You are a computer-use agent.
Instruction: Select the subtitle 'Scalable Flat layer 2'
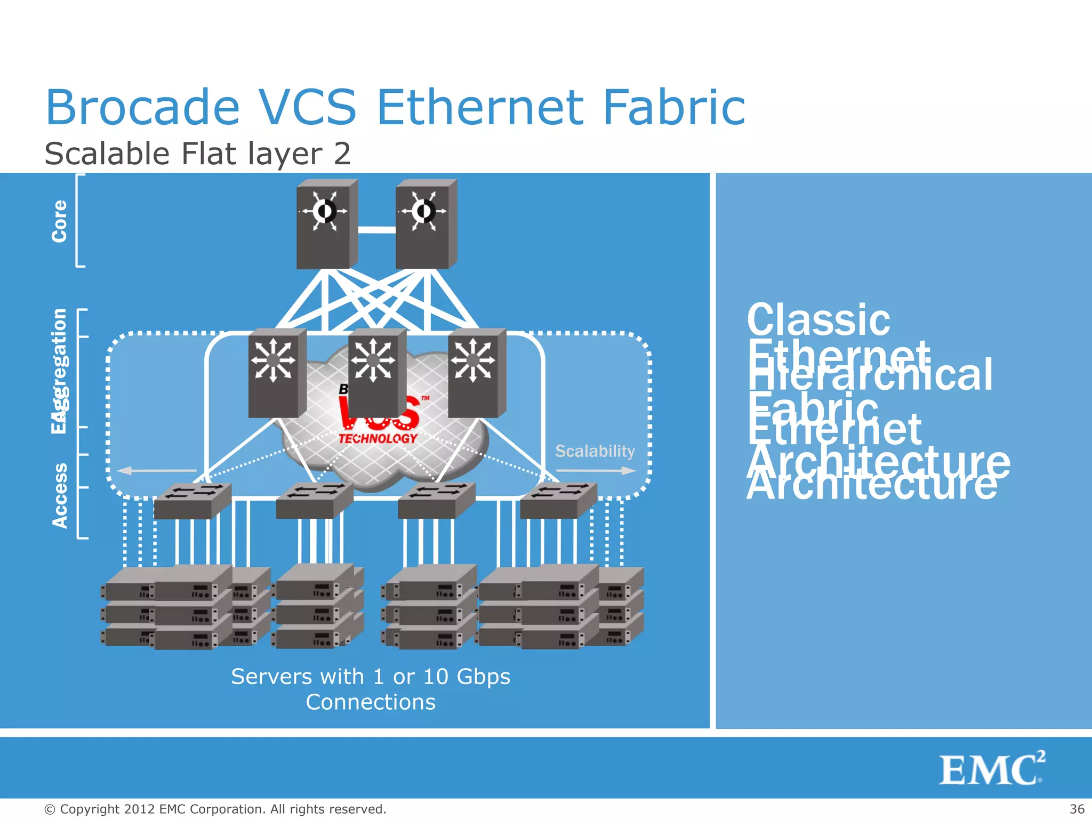pos(197,154)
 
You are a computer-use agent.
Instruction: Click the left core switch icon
pos(326,224)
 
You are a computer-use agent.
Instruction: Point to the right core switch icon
pos(425,224)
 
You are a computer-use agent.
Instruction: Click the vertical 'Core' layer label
pos(59,221)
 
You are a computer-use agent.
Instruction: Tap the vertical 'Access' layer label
pos(60,496)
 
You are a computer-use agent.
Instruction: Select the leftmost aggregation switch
pos(276,373)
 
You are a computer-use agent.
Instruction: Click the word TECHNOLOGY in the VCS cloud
pos(378,438)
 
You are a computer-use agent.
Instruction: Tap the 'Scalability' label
pos(595,451)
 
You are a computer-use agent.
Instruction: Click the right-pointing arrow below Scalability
pos(596,471)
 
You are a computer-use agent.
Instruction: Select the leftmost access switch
pos(192,501)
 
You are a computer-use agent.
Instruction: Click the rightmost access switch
pos(558,501)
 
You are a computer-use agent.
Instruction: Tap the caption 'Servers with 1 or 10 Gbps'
pos(371,677)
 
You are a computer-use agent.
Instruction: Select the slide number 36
pos(1077,809)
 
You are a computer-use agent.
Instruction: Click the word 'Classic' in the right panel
pos(818,320)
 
